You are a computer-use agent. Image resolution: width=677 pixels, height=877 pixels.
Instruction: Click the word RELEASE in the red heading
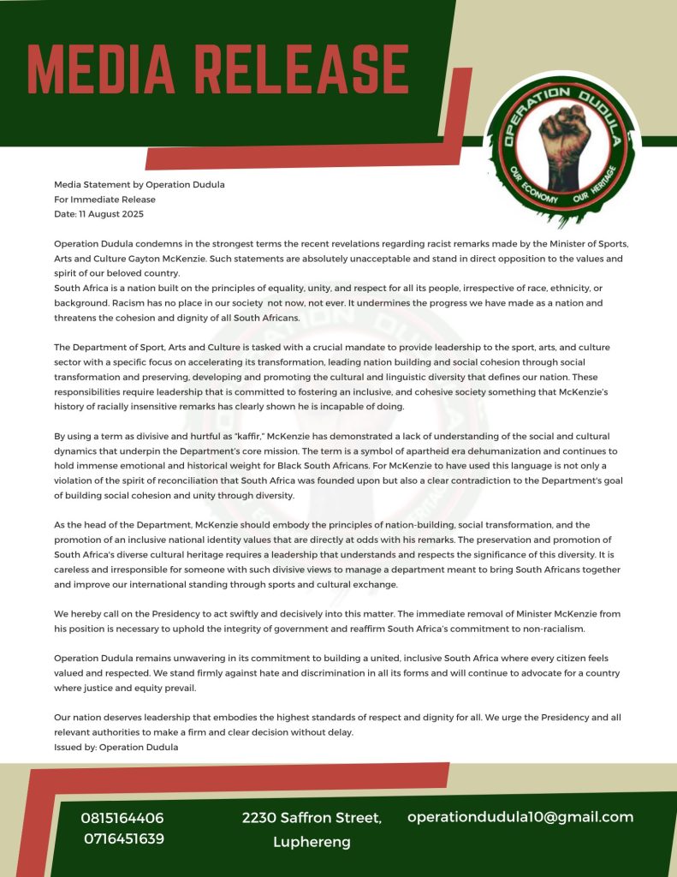tap(305, 68)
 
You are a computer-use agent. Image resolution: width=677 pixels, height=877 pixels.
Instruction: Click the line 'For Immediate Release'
tap(104, 199)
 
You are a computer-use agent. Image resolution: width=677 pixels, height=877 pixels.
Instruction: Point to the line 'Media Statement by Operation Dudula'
tap(140, 184)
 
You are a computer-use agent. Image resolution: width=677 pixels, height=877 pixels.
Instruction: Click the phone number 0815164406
tap(122, 818)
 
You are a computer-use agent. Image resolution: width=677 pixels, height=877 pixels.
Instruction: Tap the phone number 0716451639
tap(124, 838)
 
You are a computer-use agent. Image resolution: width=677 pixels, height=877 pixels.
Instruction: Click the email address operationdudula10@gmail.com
tap(520, 816)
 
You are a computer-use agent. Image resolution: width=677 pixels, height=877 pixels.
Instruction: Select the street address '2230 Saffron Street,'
tap(312, 818)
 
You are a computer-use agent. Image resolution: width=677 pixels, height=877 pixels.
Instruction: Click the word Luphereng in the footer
tap(312, 842)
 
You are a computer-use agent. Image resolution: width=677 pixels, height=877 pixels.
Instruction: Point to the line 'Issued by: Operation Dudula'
tap(116, 747)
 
